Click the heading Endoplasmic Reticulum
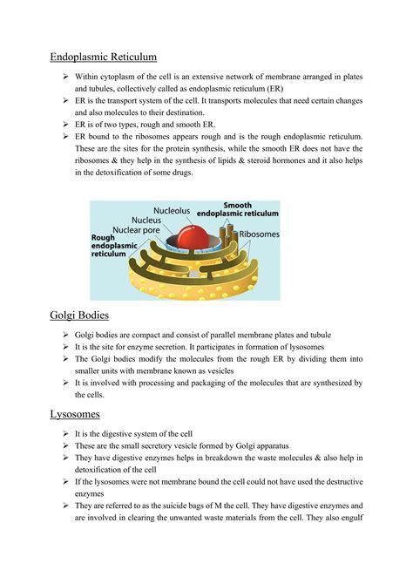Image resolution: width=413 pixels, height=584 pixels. click(103, 58)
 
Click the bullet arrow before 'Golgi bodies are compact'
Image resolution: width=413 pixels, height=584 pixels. click(66, 335)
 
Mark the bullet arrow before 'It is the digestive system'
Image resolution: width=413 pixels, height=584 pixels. click(66, 433)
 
